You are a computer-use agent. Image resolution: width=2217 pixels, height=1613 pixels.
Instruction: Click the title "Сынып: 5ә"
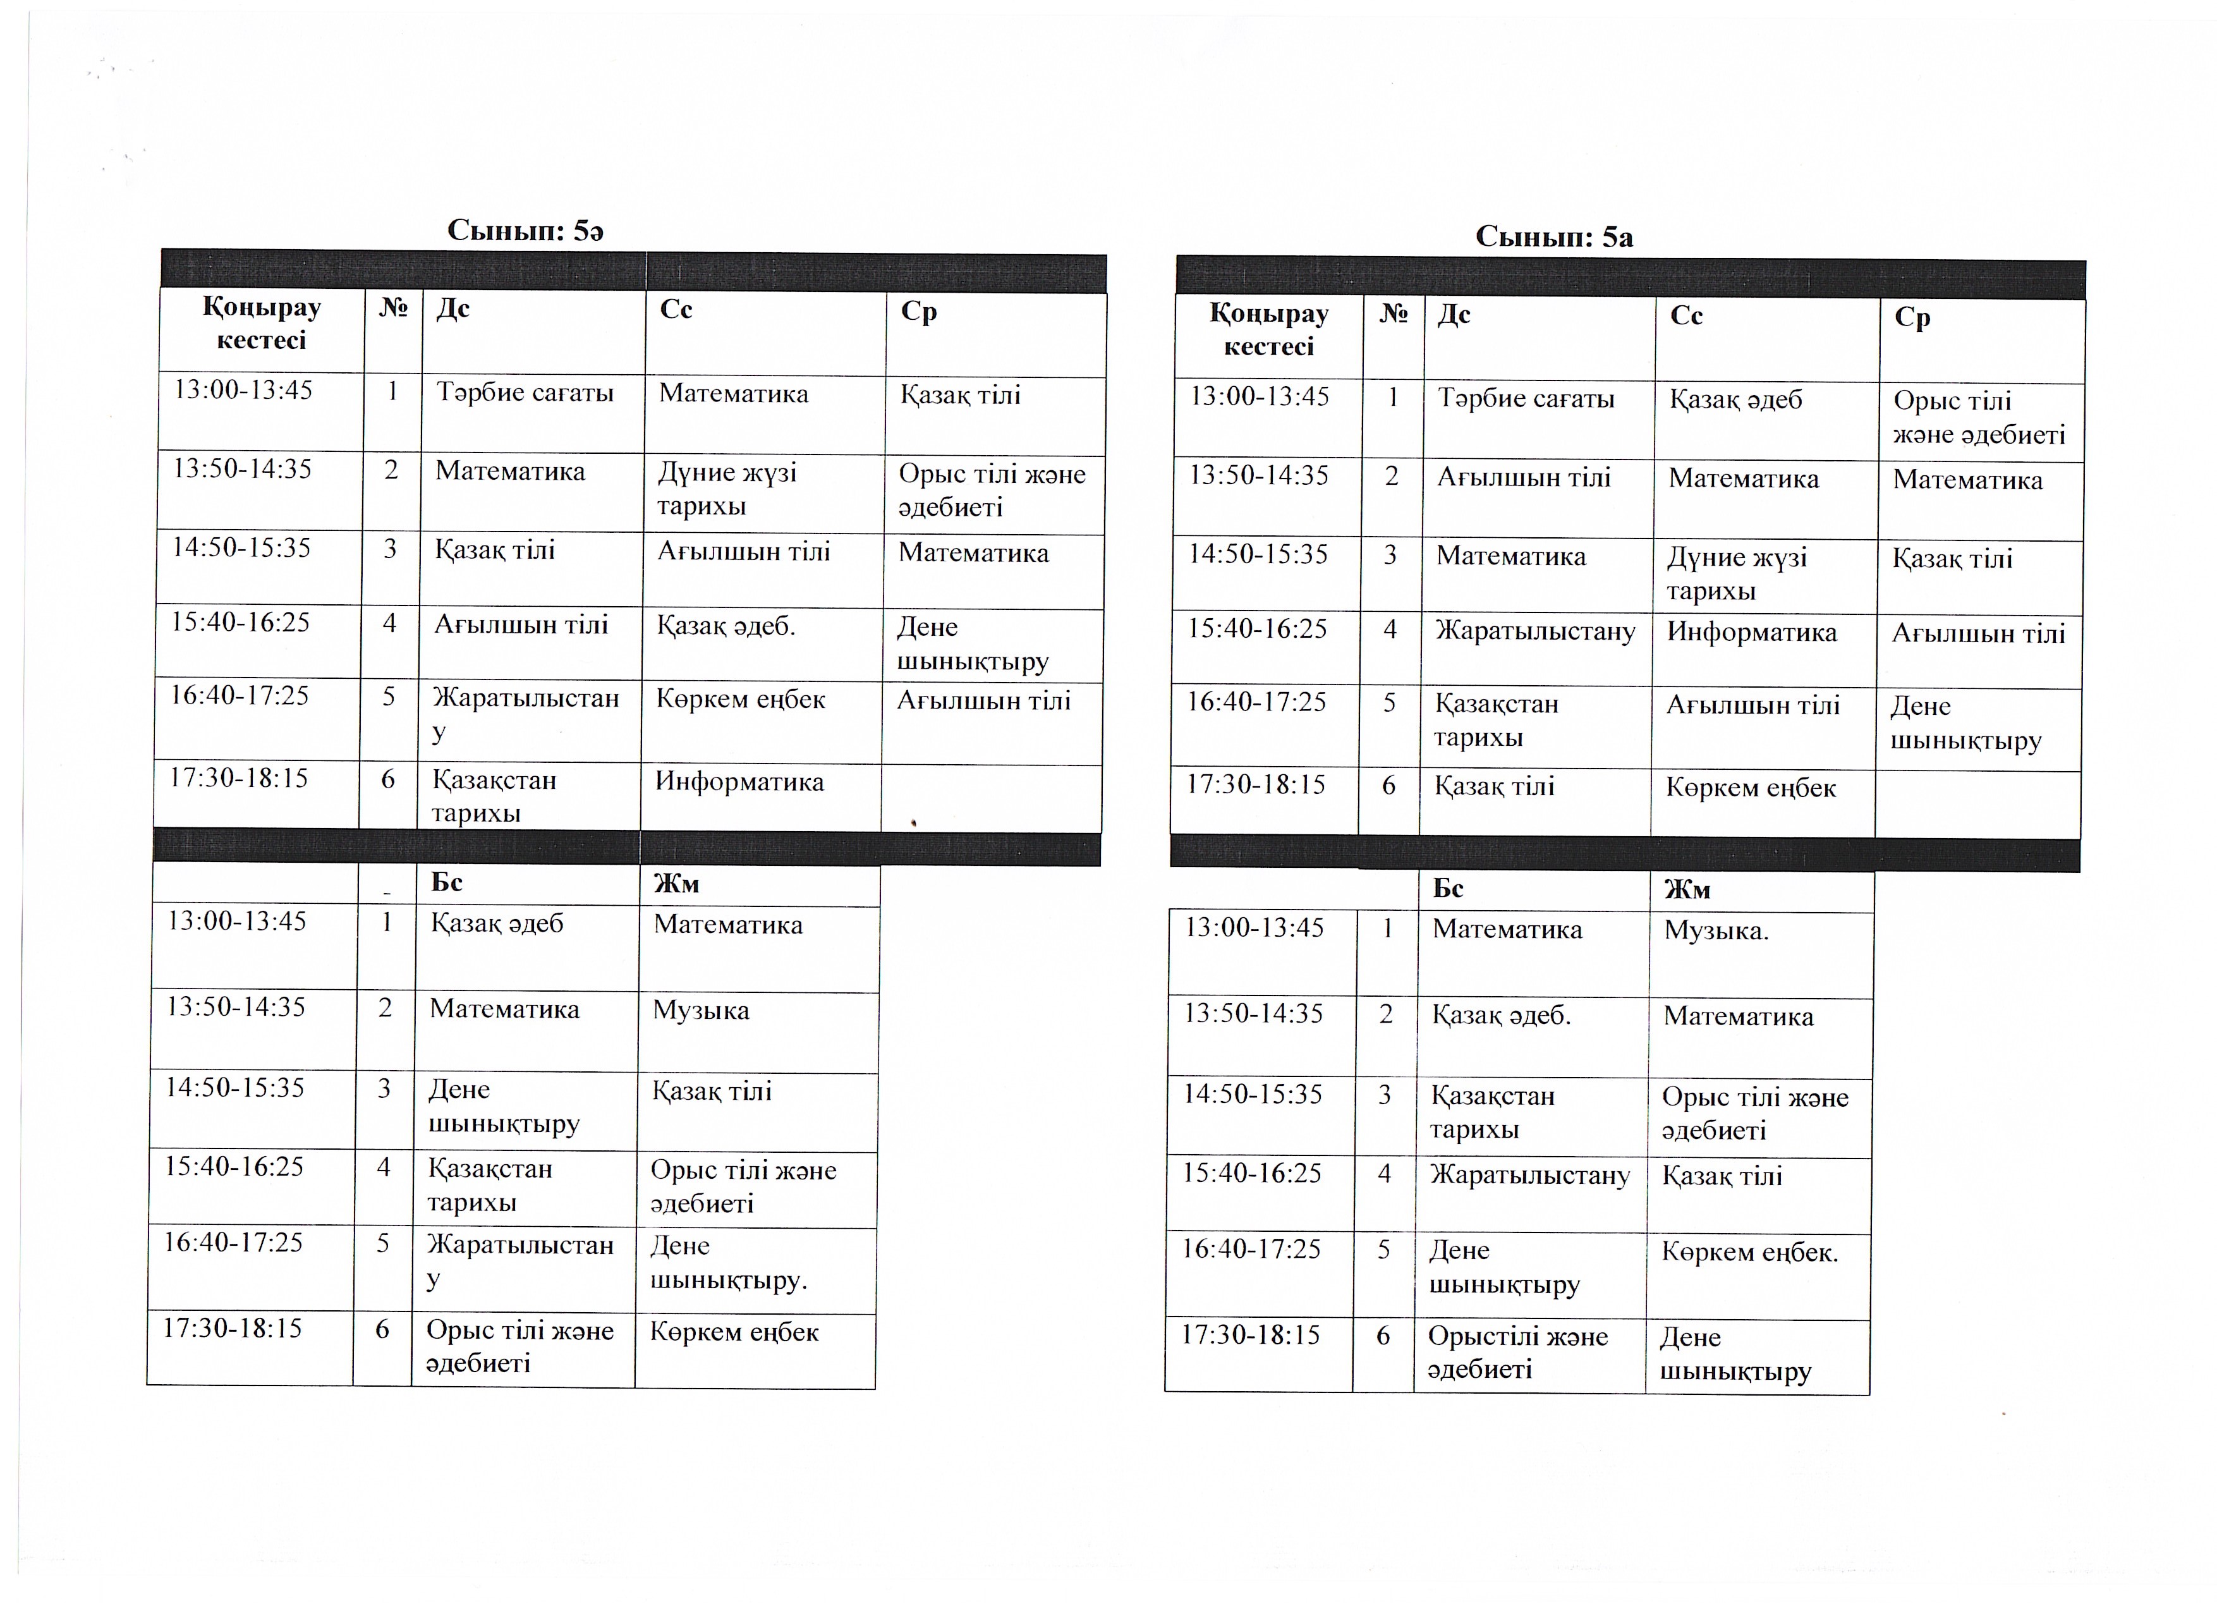click(525, 231)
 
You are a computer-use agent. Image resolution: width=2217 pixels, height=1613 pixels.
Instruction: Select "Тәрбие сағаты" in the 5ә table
click(525, 393)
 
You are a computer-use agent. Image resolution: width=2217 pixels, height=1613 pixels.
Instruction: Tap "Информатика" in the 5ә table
click(739, 782)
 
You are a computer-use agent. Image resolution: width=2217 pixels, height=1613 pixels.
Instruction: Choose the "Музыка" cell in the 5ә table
click(701, 1011)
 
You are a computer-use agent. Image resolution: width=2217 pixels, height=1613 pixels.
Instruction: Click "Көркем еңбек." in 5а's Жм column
click(1750, 1252)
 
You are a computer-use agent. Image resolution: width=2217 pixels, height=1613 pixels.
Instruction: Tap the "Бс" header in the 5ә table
click(447, 883)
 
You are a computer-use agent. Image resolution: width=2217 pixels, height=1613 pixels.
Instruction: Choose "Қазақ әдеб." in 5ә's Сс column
click(726, 626)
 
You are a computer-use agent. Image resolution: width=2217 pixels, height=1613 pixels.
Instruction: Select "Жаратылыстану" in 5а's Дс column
click(1534, 631)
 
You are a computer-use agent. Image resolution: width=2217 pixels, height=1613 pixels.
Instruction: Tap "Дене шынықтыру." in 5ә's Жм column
click(728, 1263)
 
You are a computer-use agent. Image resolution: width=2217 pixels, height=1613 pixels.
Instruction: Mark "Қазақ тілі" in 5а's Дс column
click(1493, 787)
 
